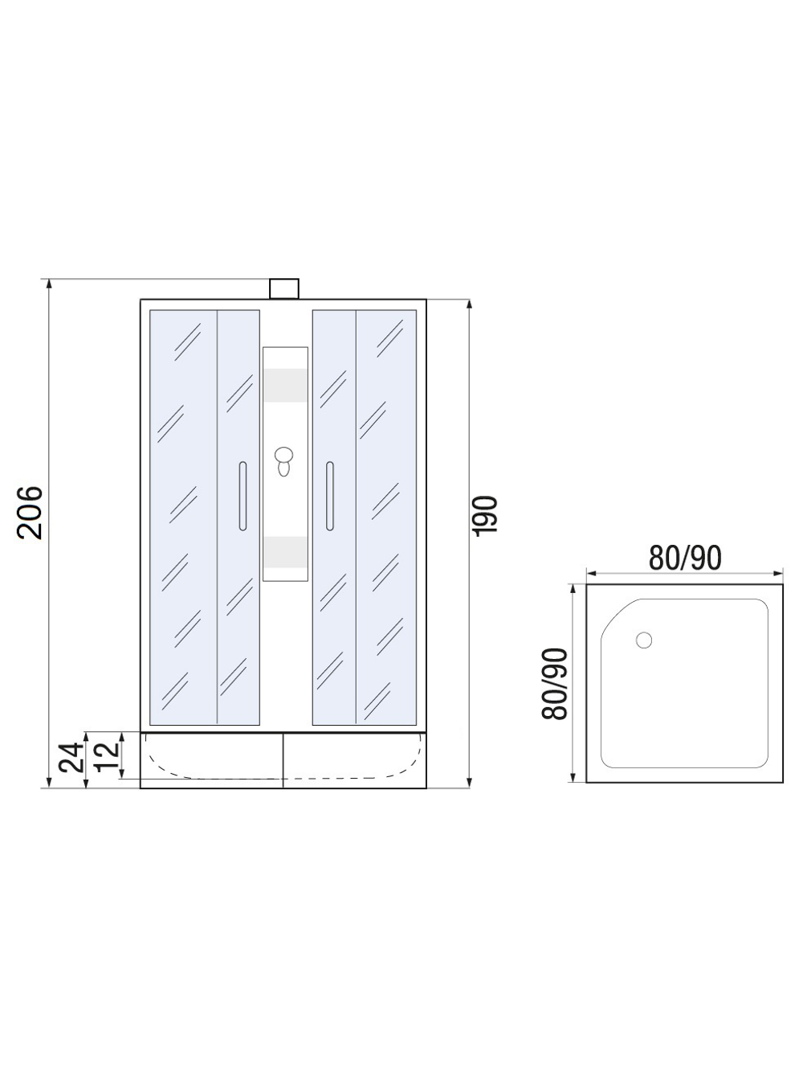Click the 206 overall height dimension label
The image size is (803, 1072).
point(30,512)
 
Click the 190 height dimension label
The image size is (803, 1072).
point(485,514)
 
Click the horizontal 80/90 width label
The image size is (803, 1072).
point(685,558)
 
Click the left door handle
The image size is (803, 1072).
point(242,496)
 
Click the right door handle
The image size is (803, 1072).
point(329,496)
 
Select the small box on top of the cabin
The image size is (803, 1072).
point(283,288)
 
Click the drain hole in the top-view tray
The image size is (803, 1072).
point(644,640)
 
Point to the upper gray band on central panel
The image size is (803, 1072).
point(285,385)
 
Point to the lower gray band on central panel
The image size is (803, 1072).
point(285,550)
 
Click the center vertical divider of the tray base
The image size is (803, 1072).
point(283,759)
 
